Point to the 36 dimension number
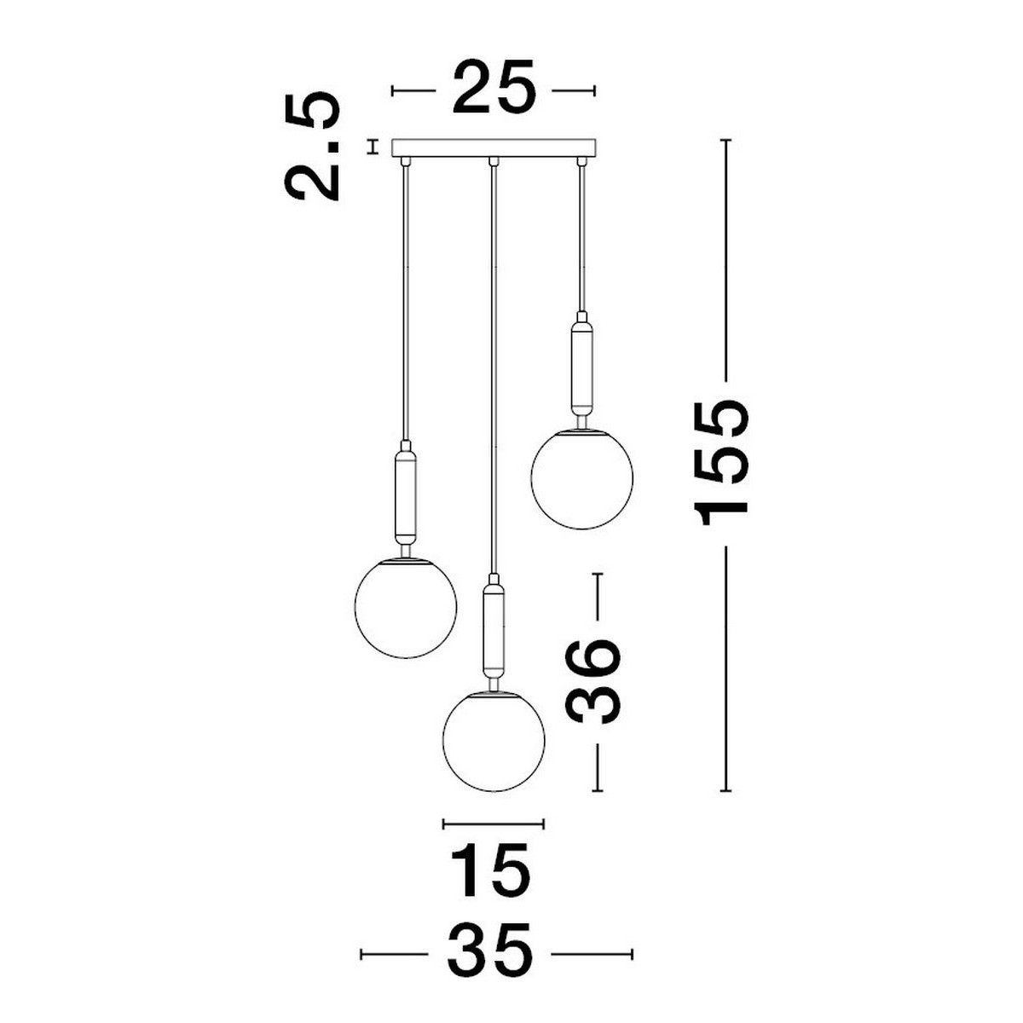point(592,681)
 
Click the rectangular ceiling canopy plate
point(494,148)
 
